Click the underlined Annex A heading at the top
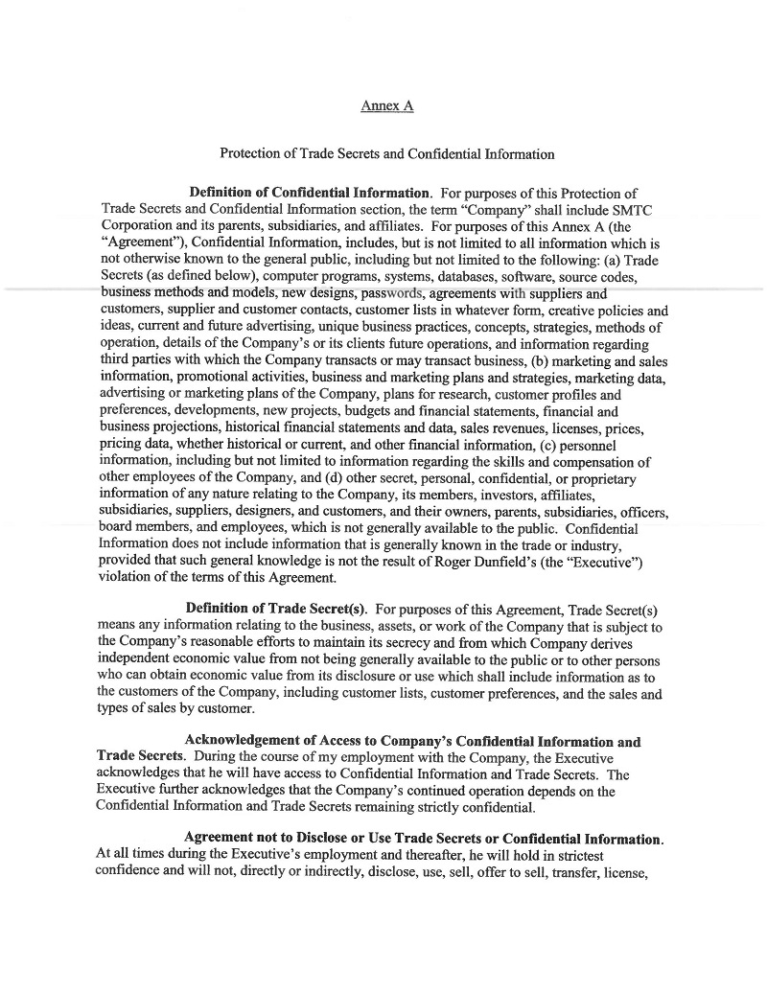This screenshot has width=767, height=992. (386, 106)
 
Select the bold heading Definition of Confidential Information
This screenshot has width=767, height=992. (305, 195)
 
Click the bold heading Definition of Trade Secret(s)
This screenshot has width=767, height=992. (277, 610)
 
